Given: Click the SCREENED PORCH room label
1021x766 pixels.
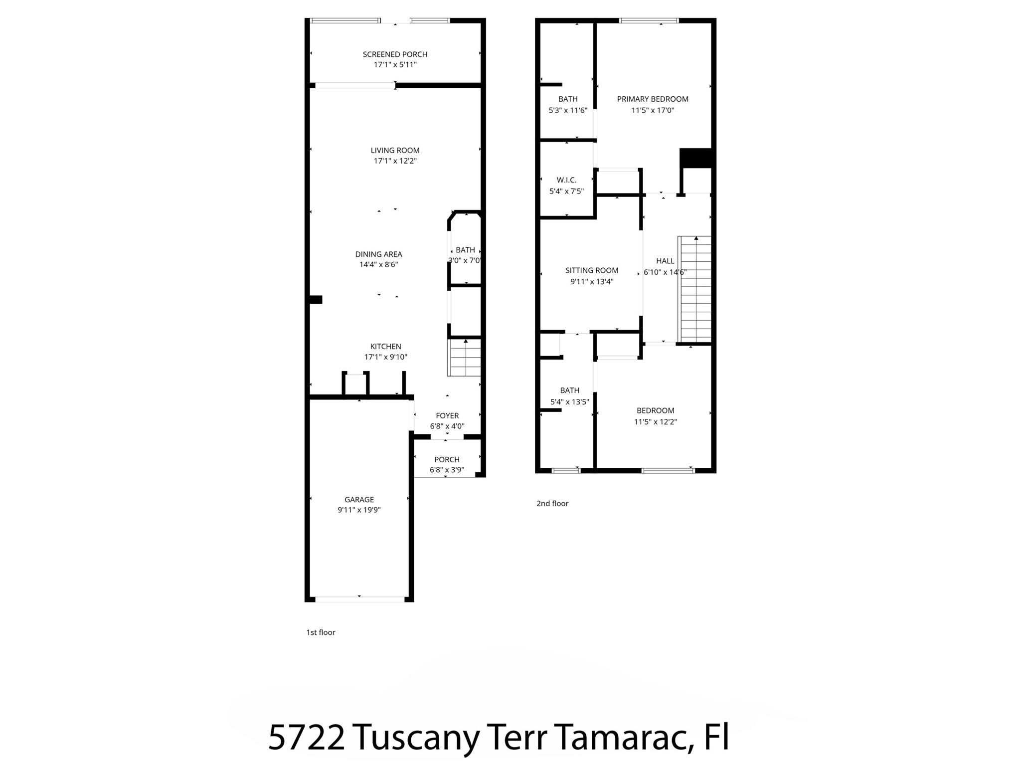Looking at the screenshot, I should [x=395, y=54].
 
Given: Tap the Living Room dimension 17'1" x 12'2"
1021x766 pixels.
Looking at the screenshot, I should [x=395, y=161].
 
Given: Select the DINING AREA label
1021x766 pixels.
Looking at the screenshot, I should [x=378, y=254].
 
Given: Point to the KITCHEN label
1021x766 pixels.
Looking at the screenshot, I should [x=385, y=347].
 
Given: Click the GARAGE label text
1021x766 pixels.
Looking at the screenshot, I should [x=359, y=500].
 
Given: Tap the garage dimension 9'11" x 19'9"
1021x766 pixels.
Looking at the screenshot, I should [x=359, y=510].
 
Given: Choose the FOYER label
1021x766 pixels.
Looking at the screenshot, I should [x=447, y=416].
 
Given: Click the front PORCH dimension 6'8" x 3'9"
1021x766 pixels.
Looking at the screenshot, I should [x=447, y=470].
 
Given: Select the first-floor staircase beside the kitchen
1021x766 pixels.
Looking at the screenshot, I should [x=465, y=358].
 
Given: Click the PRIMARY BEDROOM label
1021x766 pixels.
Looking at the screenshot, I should [x=653, y=99].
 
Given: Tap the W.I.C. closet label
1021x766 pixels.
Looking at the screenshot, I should [x=566, y=180].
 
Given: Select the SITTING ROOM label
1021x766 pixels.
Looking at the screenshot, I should [x=592, y=270].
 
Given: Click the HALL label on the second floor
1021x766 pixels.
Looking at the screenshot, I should [x=665, y=261].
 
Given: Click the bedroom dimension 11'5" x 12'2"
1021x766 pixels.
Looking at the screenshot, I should [x=655, y=422].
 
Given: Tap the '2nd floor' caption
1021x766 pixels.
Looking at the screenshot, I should [x=552, y=504].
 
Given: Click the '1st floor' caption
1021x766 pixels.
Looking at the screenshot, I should [x=321, y=632].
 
